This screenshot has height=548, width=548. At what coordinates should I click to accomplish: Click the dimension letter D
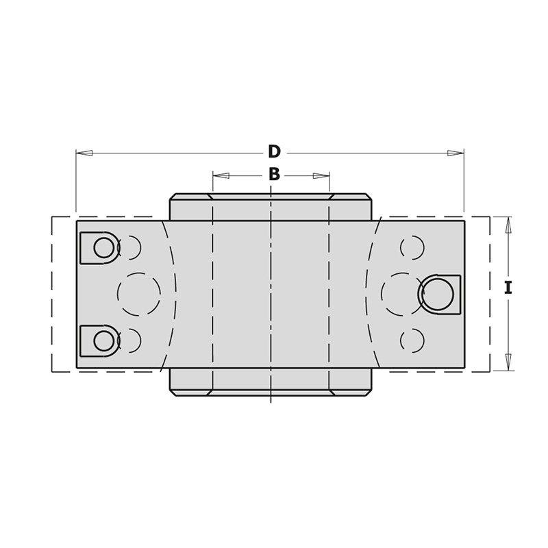[274, 151]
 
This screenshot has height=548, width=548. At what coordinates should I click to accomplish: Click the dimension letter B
[274, 175]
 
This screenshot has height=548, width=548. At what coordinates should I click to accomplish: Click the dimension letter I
[508, 288]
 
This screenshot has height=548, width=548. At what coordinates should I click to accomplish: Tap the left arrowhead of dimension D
[84, 153]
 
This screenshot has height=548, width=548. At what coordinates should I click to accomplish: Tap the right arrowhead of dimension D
[456, 153]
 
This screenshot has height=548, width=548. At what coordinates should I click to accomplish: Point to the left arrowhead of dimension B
[221, 176]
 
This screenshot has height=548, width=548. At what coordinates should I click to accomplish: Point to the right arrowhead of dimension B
[321, 176]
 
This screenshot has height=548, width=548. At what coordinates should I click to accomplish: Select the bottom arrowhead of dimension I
[508, 362]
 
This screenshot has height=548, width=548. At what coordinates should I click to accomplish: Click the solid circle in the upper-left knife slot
[104, 247]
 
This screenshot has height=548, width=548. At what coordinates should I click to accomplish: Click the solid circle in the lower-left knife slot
[104, 340]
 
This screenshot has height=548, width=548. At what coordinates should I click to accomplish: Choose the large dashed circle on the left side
[139, 294]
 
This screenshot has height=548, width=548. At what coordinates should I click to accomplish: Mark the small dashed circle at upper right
[412, 247]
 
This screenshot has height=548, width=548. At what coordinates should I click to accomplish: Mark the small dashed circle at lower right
[412, 340]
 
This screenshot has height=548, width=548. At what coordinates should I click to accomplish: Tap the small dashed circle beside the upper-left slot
[130, 247]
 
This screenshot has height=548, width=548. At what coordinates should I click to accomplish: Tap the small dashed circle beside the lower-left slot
[130, 340]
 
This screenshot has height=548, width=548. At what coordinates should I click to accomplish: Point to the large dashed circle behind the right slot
[401, 294]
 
